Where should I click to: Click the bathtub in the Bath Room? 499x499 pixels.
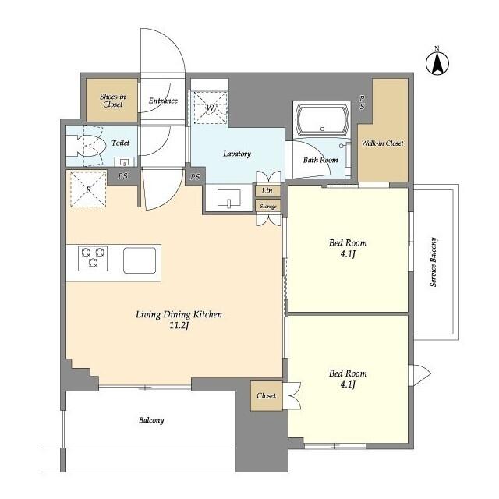(324, 121)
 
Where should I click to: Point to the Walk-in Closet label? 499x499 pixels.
(382, 144)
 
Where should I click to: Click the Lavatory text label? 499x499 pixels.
(236, 154)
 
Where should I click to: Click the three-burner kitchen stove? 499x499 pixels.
(92, 257)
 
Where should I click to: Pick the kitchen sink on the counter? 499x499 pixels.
(141, 258)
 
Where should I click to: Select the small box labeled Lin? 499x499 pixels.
(267, 191)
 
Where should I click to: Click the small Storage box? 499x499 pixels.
(267, 206)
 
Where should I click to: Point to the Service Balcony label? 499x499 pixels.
(434, 261)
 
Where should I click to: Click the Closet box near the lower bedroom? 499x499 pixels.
(266, 395)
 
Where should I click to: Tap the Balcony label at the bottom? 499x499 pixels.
(151, 420)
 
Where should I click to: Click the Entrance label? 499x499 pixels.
(163, 101)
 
